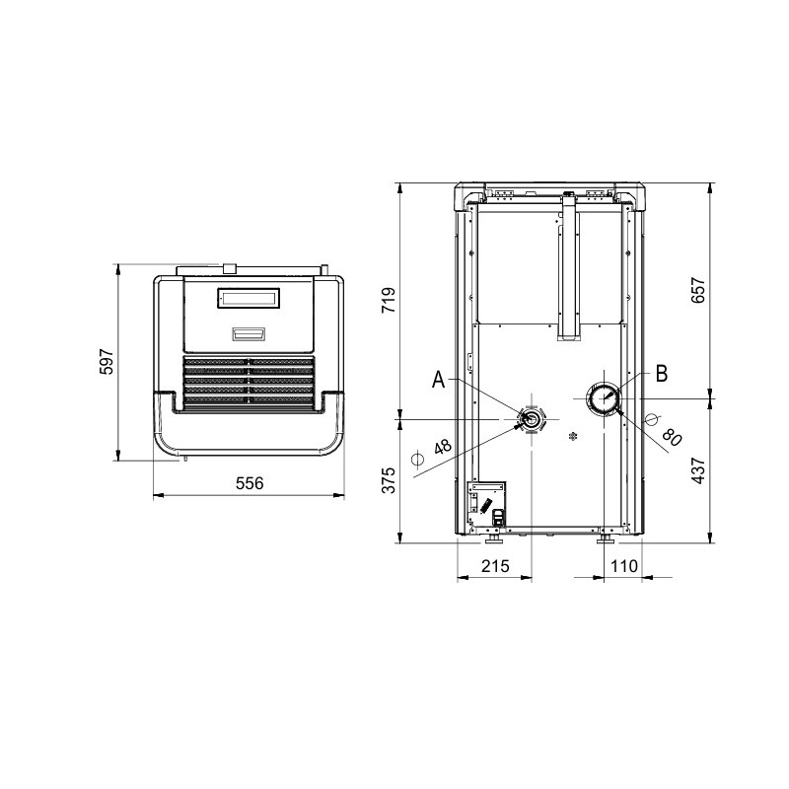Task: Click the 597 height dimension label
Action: click(107, 362)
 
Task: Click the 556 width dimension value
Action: click(250, 483)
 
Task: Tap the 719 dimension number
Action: click(389, 300)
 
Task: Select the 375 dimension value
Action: click(389, 480)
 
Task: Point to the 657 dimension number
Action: click(698, 290)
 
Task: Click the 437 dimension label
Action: click(698, 471)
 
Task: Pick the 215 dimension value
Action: click(496, 566)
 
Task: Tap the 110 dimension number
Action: click(624, 566)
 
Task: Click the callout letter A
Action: click(439, 380)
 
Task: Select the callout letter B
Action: click(661, 374)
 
